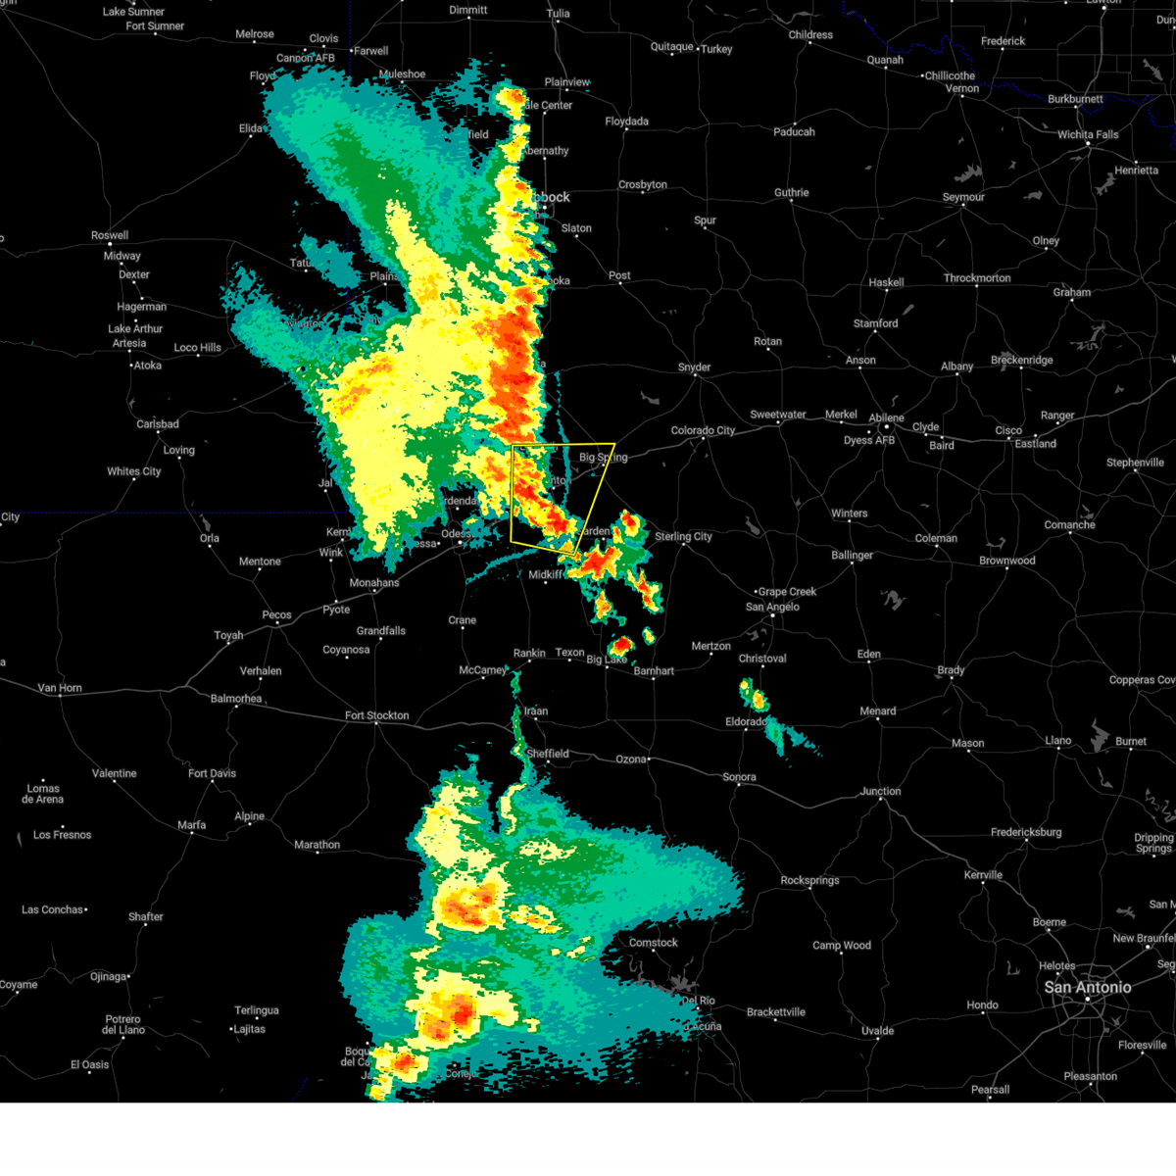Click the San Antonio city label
point(1087,987)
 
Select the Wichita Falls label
point(1087,134)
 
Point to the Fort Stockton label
point(376,715)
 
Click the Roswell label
point(110,235)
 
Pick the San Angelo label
point(772,607)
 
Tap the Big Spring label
point(603,458)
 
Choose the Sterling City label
point(683,536)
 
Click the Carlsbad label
point(157,424)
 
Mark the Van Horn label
point(59,688)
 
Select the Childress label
point(810,35)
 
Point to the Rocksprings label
point(809,880)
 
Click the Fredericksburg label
point(1025,832)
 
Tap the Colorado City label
point(703,430)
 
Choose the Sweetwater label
point(778,415)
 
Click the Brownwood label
point(1006,561)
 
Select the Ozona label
point(631,759)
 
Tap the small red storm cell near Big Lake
point(621,645)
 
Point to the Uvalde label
point(877,1030)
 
